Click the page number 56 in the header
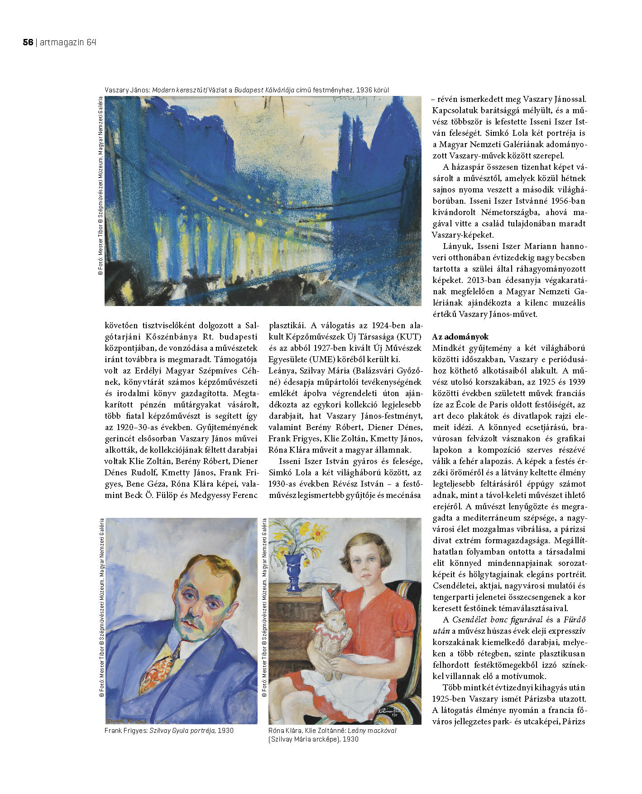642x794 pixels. pyautogui.click(x=28, y=42)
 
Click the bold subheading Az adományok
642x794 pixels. pyautogui.click(x=460, y=337)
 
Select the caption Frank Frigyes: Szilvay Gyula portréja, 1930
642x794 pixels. pyautogui.click(x=169, y=730)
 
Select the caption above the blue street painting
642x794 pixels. pyautogui.click(x=246, y=90)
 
